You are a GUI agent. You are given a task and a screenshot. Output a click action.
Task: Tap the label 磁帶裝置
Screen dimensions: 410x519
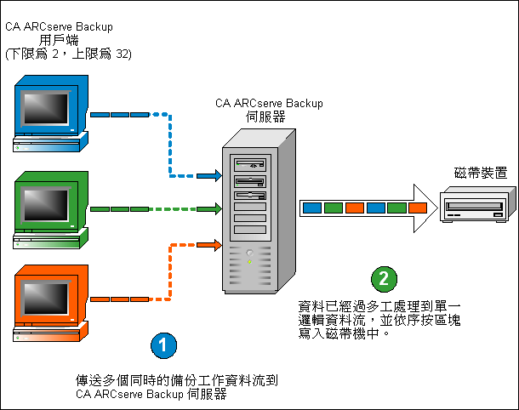pyautogui.click(x=481, y=174)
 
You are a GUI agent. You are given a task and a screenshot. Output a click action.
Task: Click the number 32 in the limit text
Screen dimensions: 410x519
pyautogui.click(x=123, y=54)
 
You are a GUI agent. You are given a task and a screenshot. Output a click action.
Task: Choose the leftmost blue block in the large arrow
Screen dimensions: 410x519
pyautogui.click(x=312, y=207)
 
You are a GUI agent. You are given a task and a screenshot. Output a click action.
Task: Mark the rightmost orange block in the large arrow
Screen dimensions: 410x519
pyautogui.click(x=418, y=207)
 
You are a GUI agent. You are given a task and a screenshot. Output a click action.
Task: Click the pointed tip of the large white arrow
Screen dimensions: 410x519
pyautogui.click(x=436, y=207)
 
